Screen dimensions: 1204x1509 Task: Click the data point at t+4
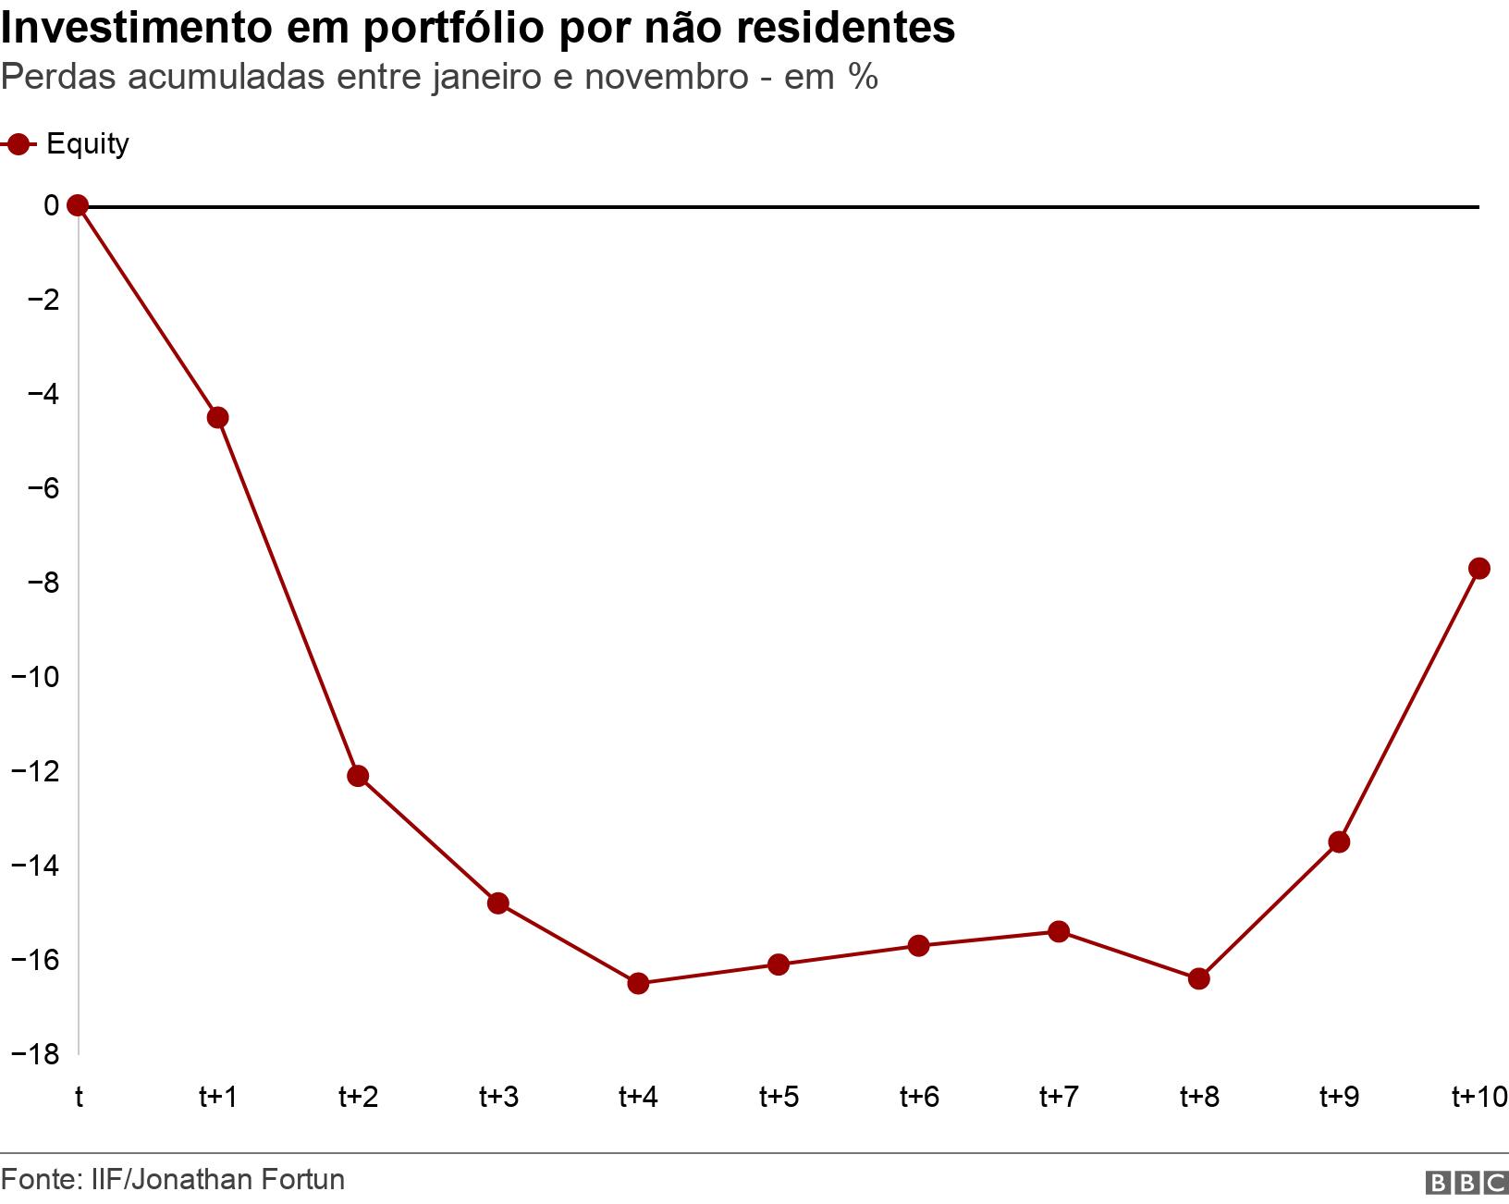638,983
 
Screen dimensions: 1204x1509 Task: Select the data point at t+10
1478,568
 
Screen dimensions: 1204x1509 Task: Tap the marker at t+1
218,417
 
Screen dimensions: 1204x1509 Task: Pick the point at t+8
1198,978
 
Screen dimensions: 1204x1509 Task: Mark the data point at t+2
358,776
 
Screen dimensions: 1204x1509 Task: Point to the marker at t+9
1339,842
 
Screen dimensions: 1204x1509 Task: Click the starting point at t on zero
79,205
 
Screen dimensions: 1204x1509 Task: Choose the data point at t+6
918,945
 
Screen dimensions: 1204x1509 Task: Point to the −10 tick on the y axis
34,677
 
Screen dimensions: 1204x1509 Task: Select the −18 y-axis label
34,1054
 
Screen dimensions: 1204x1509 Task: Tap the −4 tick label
38,394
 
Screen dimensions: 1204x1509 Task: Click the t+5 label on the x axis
779,1097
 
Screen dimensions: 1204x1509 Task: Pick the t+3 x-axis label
498,1097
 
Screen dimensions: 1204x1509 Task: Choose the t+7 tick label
1059,1097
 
